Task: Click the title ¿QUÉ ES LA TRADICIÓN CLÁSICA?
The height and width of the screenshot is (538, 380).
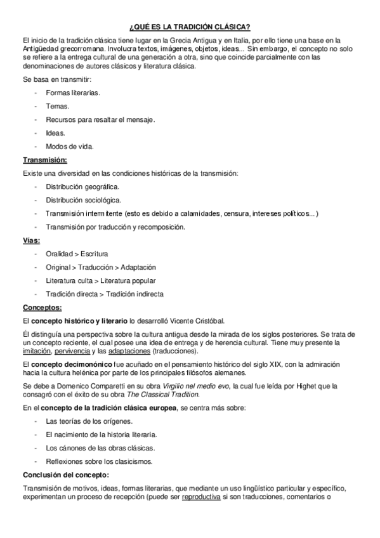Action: [190, 26]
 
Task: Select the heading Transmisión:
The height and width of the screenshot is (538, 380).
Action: [44, 159]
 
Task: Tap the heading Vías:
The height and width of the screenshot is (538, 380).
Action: [32, 240]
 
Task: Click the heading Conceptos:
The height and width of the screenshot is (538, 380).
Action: [42, 308]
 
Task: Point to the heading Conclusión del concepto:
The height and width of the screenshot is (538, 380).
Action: [66, 474]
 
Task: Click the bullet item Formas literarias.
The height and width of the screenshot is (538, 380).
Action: [73, 93]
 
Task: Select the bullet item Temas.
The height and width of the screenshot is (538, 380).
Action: [57, 106]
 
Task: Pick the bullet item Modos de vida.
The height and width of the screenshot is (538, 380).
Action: [69, 146]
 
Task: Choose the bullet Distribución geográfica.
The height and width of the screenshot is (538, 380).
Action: [82, 187]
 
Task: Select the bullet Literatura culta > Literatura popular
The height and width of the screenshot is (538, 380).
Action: [100, 280]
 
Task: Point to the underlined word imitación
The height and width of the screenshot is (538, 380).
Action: [37, 351]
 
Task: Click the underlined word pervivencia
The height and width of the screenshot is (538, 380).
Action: [72, 351]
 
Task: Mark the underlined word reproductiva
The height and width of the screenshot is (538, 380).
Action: [200, 497]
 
